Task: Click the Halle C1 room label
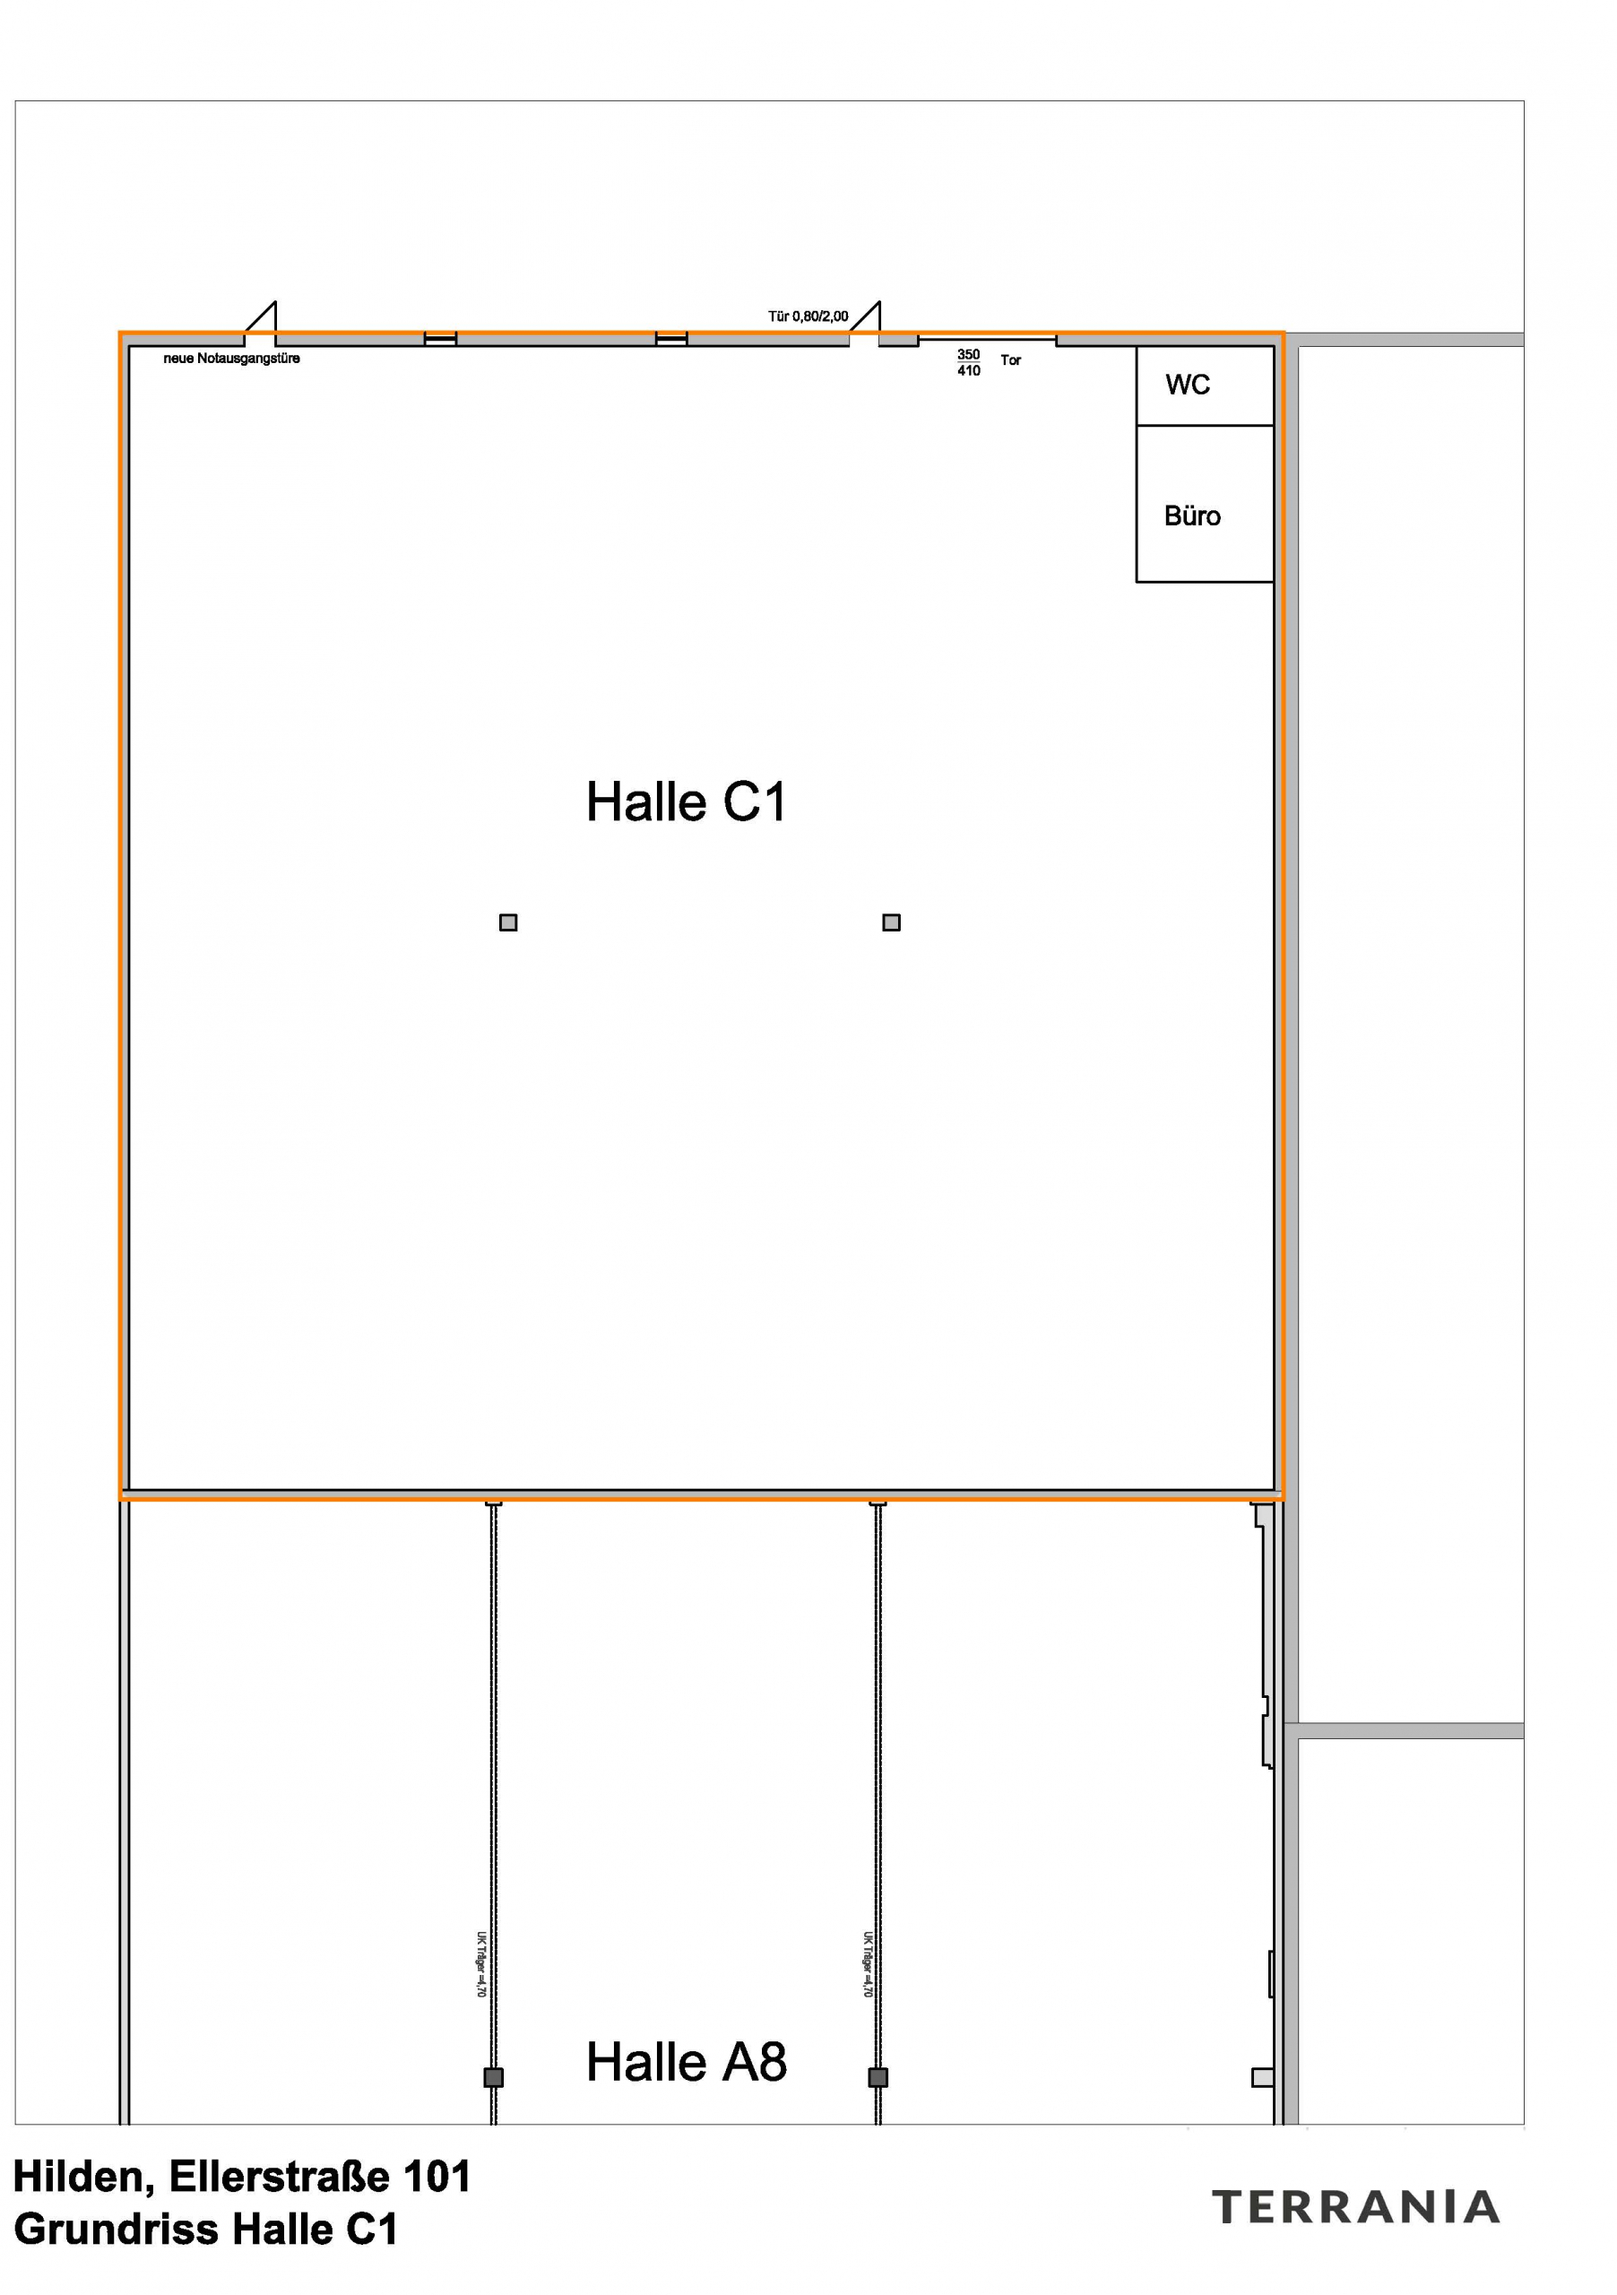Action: click(x=686, y=801)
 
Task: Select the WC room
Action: click(x=1188, y=385)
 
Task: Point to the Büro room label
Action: click(x=1192, y=515)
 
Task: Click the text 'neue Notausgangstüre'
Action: click(x=231, y=358)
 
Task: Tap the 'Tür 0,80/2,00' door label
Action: click(x=808, y=316)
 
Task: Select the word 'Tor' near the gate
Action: click(x=1010, y=359)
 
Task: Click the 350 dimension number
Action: click(x=967, y=354)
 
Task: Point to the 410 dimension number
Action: click(x=967, y=371)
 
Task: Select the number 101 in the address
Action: click(x=436, y=2177)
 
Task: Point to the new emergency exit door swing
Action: click(x=262, y=319)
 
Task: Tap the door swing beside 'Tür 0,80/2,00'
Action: click(x=867, y=319)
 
